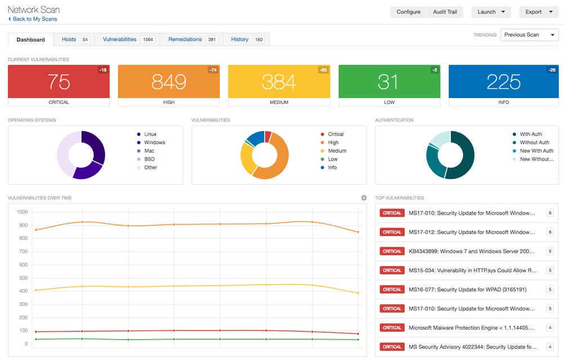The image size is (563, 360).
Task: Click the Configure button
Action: click(408, 12)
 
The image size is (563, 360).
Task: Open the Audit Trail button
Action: click(445, 12)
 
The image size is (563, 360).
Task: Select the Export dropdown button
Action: click(538, 12)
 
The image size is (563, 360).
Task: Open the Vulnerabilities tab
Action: click(119, 39)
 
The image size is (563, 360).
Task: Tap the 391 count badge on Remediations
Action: click(212, 39)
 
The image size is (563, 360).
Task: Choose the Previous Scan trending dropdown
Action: click(529, 35)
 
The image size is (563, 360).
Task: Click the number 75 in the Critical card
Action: click(59, 82)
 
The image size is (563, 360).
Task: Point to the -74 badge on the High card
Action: click(213, 70)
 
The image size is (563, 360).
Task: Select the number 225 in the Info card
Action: click(503, 82)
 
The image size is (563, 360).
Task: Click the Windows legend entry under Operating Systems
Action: click(154, 143)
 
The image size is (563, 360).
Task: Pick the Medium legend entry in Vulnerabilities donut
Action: click(337, 151)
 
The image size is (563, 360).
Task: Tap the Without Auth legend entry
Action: click(534, 143)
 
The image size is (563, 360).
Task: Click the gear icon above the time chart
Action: click(364, 198)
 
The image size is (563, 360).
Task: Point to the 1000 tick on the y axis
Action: click(23, 212)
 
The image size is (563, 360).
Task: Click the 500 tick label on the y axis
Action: click(23, 278)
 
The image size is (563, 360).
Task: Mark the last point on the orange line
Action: click(358, 232)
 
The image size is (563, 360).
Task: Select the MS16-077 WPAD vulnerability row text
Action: click(467, 290)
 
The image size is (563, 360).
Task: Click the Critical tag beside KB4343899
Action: click(392, 251)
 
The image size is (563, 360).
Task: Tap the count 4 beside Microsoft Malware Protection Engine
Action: click(550, 328)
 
